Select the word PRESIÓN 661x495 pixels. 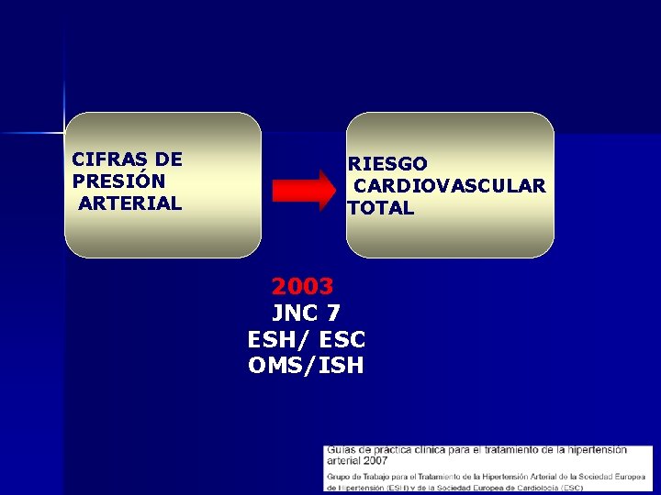118,181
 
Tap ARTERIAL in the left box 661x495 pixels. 129,203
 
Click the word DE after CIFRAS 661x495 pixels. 169,159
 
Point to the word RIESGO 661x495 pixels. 387,164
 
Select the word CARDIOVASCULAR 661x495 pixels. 449,186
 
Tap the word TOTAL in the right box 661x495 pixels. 381,208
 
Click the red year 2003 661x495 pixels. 302,286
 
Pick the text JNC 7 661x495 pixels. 307,313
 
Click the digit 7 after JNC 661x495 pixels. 332,313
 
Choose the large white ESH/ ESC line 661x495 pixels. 307,339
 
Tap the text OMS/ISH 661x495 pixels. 307,366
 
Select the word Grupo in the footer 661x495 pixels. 340,477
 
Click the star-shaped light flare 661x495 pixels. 64,134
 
